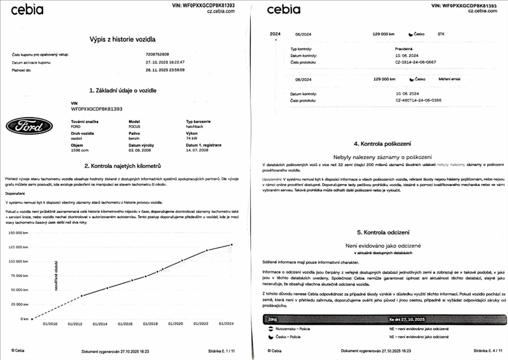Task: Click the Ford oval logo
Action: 29,127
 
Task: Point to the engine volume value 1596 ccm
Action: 80,150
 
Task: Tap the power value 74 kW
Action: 185,139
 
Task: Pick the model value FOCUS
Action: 135,127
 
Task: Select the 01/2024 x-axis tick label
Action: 226,324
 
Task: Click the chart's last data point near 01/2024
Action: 231,245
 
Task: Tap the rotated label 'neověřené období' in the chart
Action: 56,275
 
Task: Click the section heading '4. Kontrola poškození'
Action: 382,144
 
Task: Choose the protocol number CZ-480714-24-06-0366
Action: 418,100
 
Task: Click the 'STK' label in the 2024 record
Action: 441,35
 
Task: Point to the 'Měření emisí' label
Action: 450,79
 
